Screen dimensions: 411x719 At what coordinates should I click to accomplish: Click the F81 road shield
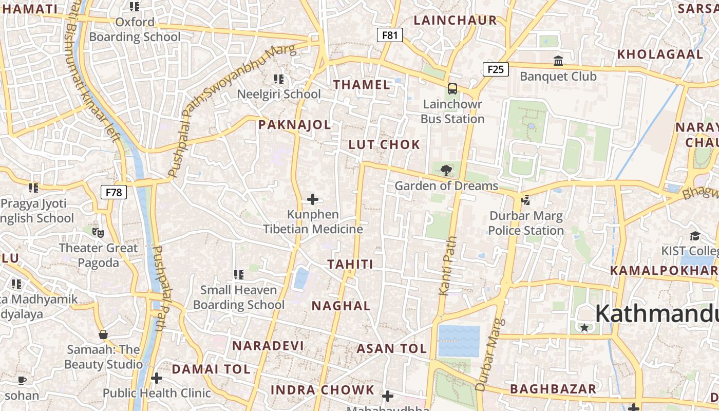coord(390,35)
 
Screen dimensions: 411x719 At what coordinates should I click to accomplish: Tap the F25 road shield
coord(496,69)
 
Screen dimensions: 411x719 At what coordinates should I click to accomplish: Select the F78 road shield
coord(113,192)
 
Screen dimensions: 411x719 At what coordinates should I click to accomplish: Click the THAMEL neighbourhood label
coord(362,85)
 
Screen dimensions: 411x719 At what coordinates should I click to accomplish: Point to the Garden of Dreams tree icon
coord(446,170)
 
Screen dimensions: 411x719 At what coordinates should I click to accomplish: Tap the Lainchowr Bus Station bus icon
coord(452,88)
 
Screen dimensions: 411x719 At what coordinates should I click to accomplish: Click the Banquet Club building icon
coord(558,61)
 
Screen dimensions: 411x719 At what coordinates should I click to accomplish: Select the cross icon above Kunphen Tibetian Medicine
coord(312,199)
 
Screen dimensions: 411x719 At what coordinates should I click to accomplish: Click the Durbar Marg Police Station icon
coord(525,200)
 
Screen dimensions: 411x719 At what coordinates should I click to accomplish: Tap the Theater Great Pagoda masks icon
coord(98,233)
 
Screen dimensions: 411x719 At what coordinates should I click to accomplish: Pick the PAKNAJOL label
coord(294,125)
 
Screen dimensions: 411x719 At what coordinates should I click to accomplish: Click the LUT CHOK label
coord(384,145)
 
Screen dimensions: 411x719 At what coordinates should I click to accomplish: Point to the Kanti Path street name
coord(447,266)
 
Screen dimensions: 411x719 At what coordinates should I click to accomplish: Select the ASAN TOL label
coord(392,349)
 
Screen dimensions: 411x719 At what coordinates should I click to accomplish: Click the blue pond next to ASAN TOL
coord(459,341)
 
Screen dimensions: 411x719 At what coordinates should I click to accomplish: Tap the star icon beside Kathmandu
coord(584,327)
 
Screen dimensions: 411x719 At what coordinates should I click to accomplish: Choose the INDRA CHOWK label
coord(323,389)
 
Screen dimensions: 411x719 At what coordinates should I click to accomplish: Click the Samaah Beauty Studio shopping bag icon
coord(103,334)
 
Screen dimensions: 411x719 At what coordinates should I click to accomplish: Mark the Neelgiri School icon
coord(279,79)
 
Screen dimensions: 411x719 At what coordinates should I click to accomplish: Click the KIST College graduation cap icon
coord(695,235)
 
